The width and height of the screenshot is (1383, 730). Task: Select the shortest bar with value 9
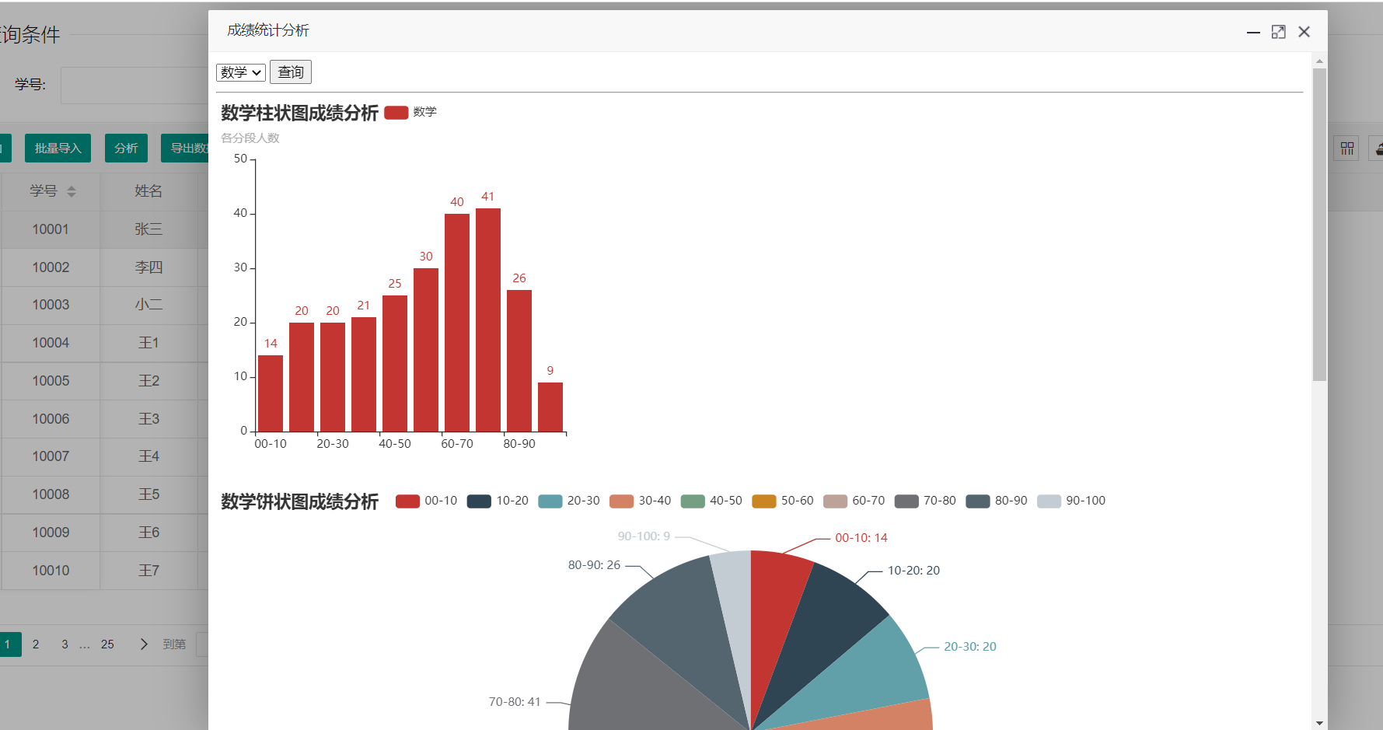tap(550, 407)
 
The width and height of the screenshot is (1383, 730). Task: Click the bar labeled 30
tap(426, 349)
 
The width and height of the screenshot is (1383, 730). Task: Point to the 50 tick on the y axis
tap(240, 159)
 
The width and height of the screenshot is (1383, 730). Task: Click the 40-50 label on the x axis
tap(395, 444)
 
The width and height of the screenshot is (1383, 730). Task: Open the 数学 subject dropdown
tap(241, 72)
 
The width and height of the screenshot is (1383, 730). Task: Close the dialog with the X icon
tap(1304, 32)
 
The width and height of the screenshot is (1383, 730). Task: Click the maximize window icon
tap(1279, 32)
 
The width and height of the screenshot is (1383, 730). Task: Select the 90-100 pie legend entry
tap(1071, 501)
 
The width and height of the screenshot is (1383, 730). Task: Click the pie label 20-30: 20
tap(969, 647)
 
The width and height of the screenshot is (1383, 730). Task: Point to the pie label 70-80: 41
tap(515, 702)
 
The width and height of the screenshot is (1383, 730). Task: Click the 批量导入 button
tap(58, 148)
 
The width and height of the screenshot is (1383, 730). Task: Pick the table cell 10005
tap(51, 381)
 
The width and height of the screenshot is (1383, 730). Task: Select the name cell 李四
tap(148, 267)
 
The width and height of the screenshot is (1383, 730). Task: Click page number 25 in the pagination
tap(107, 644)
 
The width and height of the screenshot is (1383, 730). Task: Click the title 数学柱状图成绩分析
tap(299, 113)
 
